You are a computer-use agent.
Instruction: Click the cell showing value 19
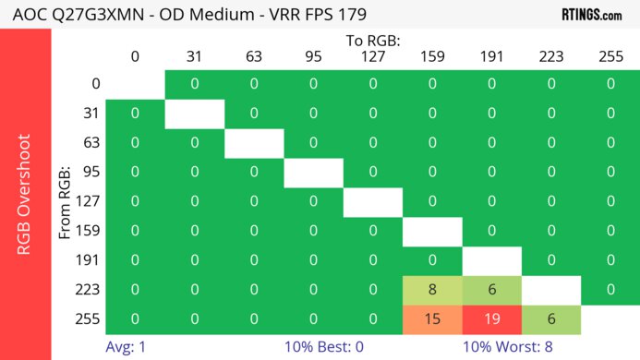491,318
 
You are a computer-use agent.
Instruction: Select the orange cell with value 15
432,318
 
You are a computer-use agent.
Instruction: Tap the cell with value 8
432,289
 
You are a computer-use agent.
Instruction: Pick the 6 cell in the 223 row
491,289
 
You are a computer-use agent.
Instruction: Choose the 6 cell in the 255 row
551,318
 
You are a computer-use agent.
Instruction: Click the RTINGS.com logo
592,15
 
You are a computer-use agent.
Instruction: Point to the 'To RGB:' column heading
372,41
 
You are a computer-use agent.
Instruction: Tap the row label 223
90,289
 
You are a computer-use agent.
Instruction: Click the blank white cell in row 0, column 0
135,84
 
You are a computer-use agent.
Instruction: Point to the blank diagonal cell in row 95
313,172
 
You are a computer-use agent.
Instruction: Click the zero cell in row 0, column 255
610,84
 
